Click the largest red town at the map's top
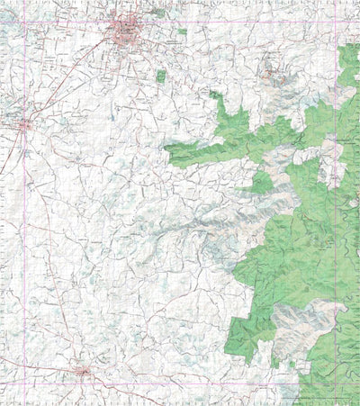(x=125, y=34)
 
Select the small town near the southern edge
(x=82, y=370)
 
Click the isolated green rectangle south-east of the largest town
(x=161, y=76)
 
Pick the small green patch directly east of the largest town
(x=182, y=32)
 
